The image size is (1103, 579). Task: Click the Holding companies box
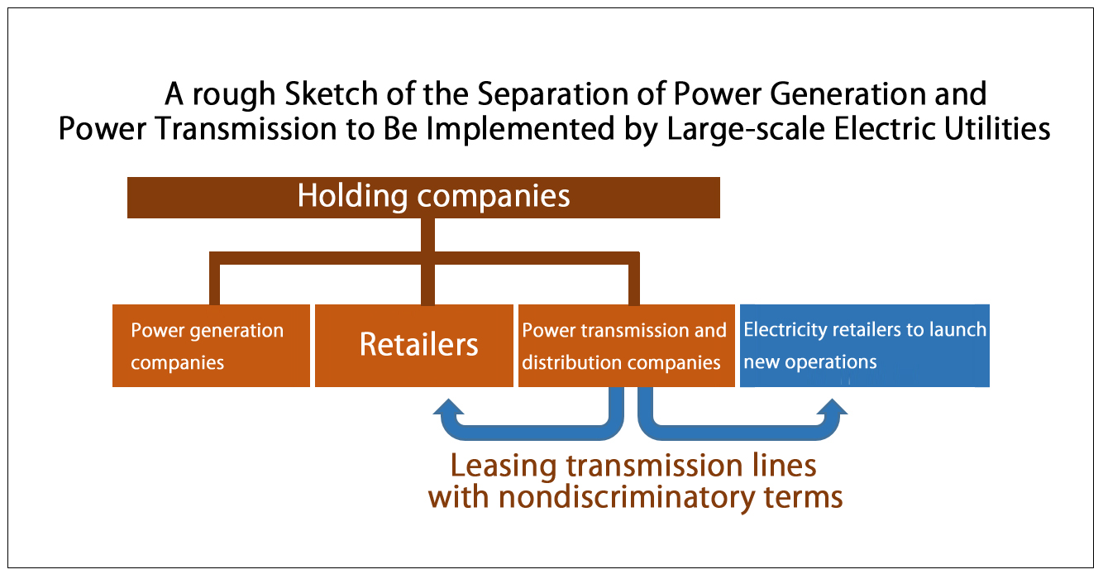coord(423,198)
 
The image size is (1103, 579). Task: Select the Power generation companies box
coord(211,346)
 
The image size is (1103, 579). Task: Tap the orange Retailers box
coord(414,346)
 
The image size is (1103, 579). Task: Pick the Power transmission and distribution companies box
coord(627,346)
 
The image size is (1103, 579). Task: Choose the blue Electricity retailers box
coord(865,346)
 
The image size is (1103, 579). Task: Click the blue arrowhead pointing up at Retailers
coord(449,407)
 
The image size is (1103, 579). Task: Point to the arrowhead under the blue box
coord(832,407)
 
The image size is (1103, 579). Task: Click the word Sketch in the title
coord(331,93)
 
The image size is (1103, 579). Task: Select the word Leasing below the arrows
coord(504,467)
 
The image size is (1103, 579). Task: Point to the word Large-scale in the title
coord(746,130)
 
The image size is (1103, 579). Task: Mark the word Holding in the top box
coord(352,197)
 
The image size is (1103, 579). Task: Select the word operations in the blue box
coord(831,363)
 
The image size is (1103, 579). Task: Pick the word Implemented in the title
coord(520,130)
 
